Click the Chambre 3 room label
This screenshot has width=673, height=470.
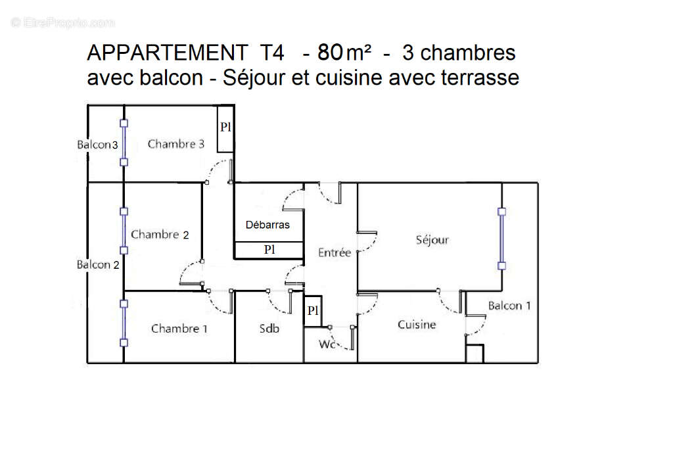[176, 144]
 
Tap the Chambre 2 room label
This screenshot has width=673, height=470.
[160, 234]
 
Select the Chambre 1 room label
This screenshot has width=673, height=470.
[179, 328]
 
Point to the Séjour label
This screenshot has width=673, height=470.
[432, 240]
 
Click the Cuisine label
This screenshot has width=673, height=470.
[417, 324]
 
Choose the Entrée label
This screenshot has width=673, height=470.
[335, 252]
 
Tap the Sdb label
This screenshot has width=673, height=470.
[269, 328]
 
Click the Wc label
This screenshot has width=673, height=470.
[327, 344]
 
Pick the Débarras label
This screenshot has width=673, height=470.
[267, 224]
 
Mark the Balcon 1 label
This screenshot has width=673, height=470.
[509, 305]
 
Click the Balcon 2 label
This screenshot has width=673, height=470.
[98, 264]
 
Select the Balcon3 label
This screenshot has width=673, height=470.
[97, 145]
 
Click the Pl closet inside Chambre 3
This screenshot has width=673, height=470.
[225, 128]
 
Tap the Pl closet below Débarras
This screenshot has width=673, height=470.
[269, 250]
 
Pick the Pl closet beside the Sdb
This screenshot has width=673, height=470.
[313, 311]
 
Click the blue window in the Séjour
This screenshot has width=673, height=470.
[501, 239]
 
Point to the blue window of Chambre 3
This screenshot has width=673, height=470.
[124, 142]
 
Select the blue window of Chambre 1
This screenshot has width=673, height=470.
[124, 323]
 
